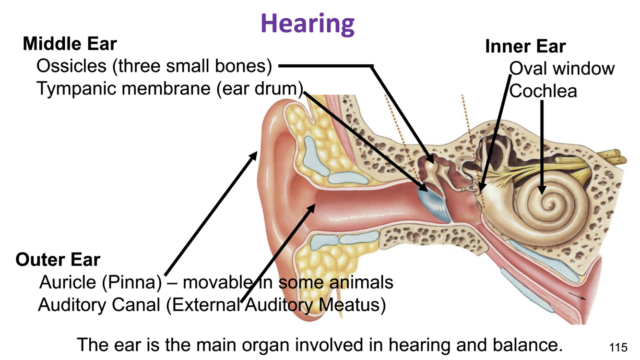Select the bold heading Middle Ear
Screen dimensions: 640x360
point(70,44)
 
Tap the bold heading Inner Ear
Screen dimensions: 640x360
point(525,47)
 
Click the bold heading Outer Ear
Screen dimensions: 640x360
point(58,260)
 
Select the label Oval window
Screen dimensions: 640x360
point(561,68)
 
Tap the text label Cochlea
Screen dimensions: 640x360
point(543,91)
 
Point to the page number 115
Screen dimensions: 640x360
point(618,348)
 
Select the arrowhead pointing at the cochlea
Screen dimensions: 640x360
point(542,190)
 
